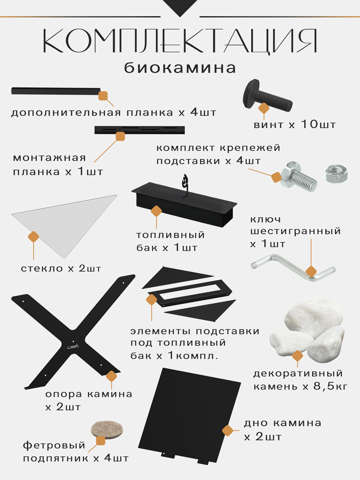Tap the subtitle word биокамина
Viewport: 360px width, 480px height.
pos(180,68)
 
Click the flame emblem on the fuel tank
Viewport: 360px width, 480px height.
pos(184,181)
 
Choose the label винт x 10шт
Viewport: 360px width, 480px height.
pos(295,125)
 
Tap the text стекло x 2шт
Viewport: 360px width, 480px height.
pos(61,269)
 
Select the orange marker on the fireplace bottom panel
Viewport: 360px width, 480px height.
pos(228,431)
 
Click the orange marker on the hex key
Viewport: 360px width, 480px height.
pos(311,271)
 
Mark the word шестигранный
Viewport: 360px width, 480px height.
pos(295,232)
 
